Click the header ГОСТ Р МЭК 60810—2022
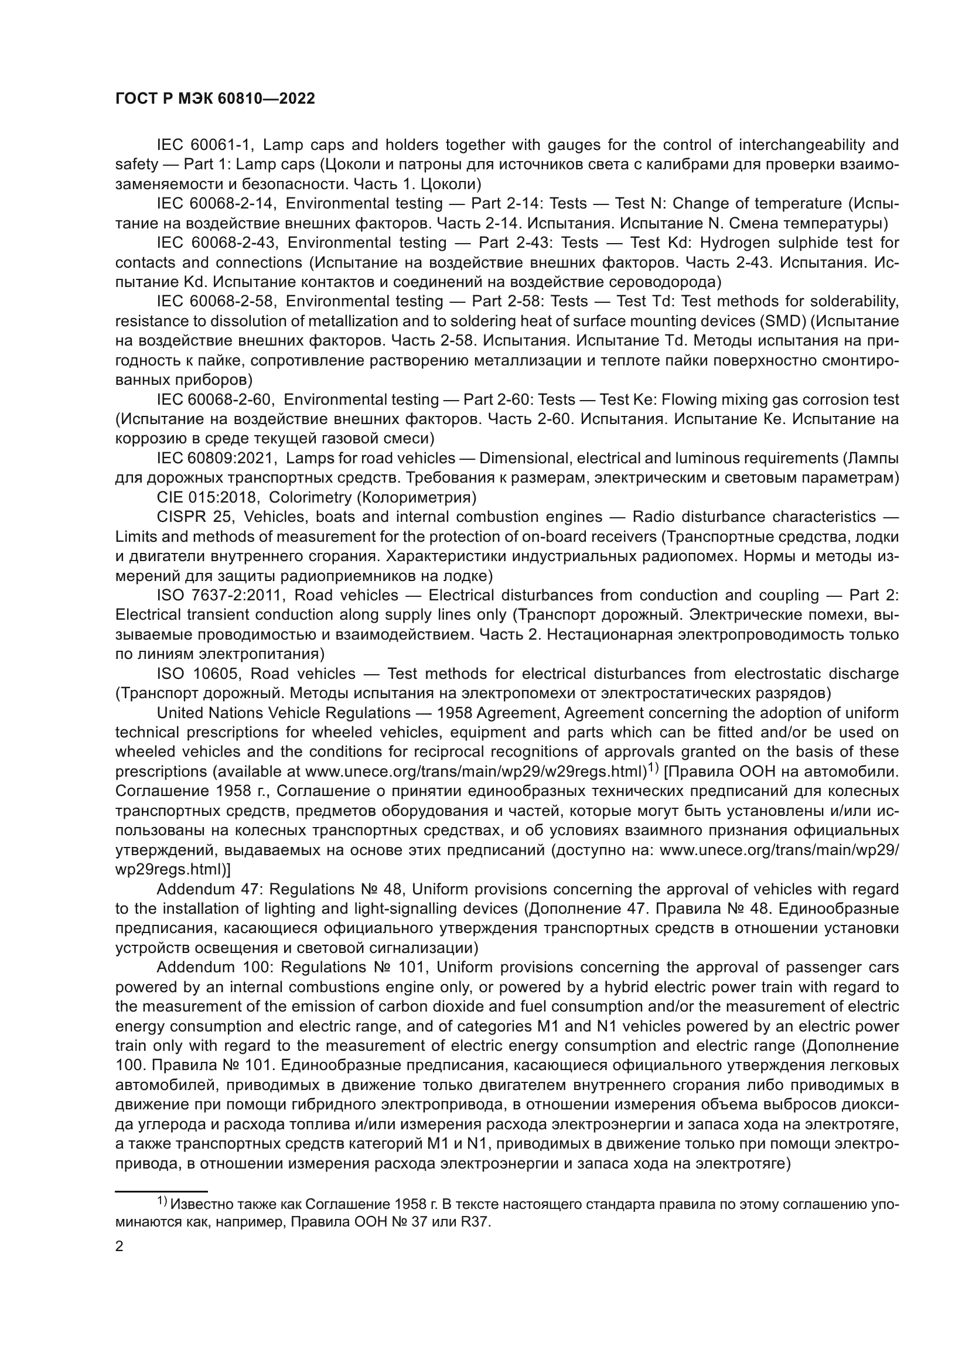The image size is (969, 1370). tap(215, 99)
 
